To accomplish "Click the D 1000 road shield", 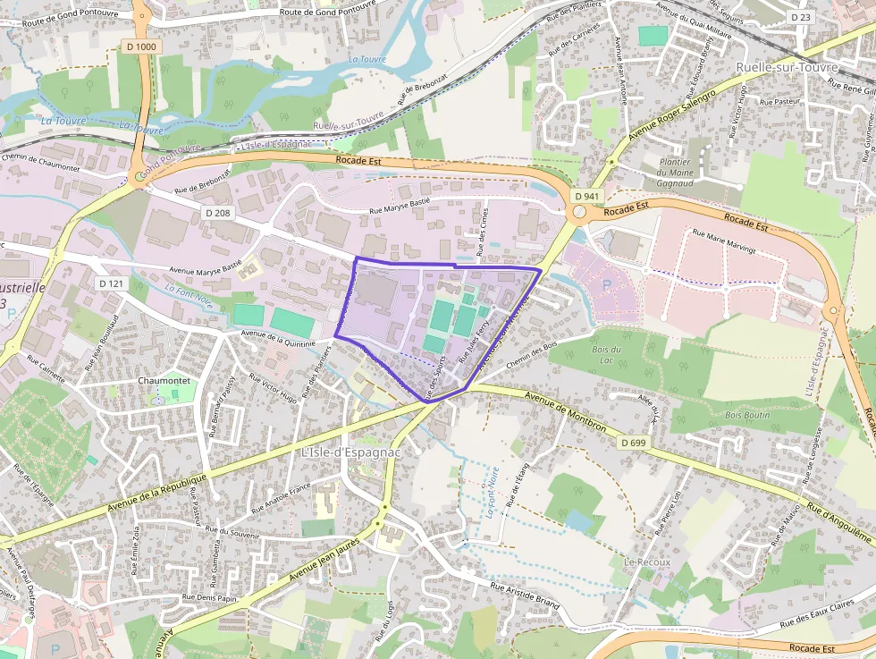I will (140, 46).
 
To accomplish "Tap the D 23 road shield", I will (800, 16).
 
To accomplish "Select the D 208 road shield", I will (217, 213).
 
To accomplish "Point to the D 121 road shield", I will (111, 283).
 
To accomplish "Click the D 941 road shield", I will (586, 196).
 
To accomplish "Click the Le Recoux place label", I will (647, 562).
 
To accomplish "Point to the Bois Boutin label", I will (746, 415).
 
